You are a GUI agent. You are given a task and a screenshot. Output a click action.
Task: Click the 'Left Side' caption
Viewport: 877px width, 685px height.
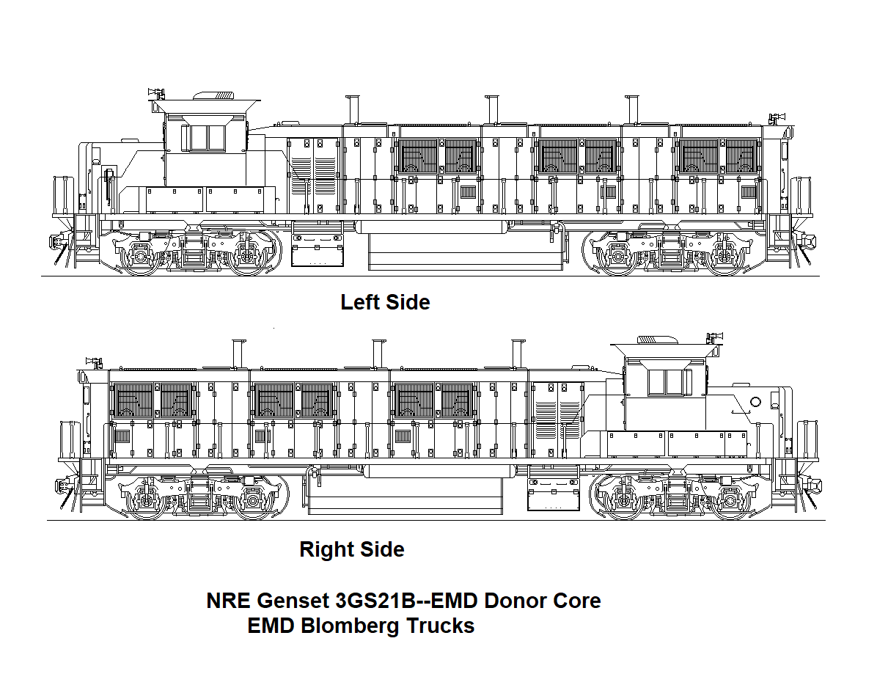point(385,301)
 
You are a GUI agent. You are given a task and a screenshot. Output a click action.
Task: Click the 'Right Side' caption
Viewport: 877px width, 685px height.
point(352,549)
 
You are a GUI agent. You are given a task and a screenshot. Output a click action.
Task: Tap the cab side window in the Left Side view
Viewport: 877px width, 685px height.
point(208,138)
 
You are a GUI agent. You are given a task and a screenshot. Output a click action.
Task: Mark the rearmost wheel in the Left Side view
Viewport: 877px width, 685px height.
point(726,257)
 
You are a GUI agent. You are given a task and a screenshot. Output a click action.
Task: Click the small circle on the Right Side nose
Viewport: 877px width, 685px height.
point(756,402)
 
